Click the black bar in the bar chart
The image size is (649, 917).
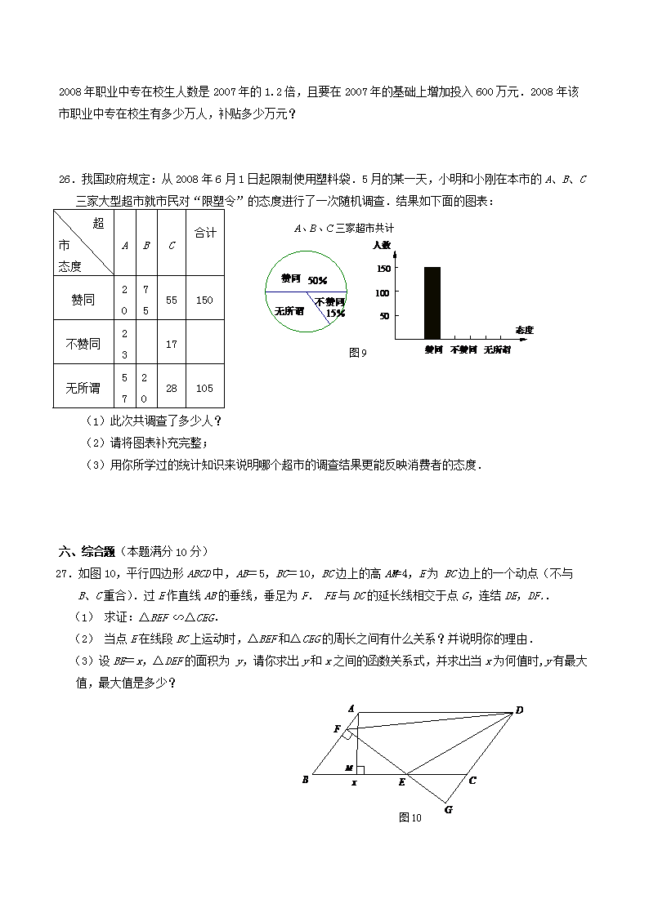coord(432,302)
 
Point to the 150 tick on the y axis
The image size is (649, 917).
coord(383,268)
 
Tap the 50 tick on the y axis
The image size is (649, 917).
coord(385,315)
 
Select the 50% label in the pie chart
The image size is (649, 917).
coord(317,280)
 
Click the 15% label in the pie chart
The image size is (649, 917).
coord(335,312)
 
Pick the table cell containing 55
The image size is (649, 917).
coord(171,300)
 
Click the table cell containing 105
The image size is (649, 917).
coord(204,388)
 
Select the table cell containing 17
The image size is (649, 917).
coord(171,344)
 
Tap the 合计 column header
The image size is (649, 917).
coord(204,234)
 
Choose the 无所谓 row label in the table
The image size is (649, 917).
coord(82,388)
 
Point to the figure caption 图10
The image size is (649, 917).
coord(410,817)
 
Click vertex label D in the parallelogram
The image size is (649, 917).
coord(519,710)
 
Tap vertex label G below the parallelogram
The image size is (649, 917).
coord(448,810)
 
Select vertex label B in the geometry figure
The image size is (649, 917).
coord(305,780)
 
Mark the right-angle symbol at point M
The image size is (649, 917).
coord(360,769)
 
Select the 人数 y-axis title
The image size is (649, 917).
coord(382,244)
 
